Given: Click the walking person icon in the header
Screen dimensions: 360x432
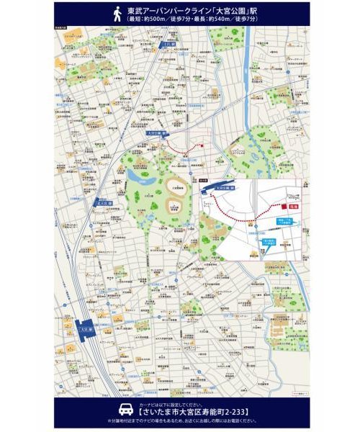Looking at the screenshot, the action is [117, 12].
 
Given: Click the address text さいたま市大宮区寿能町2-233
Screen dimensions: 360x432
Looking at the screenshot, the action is [181, 411].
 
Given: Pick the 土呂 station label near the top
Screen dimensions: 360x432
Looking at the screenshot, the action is [168, 45].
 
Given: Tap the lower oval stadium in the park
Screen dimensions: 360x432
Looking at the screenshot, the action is [174, 207].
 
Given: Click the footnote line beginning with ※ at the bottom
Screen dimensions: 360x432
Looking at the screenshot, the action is [180, 420].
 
